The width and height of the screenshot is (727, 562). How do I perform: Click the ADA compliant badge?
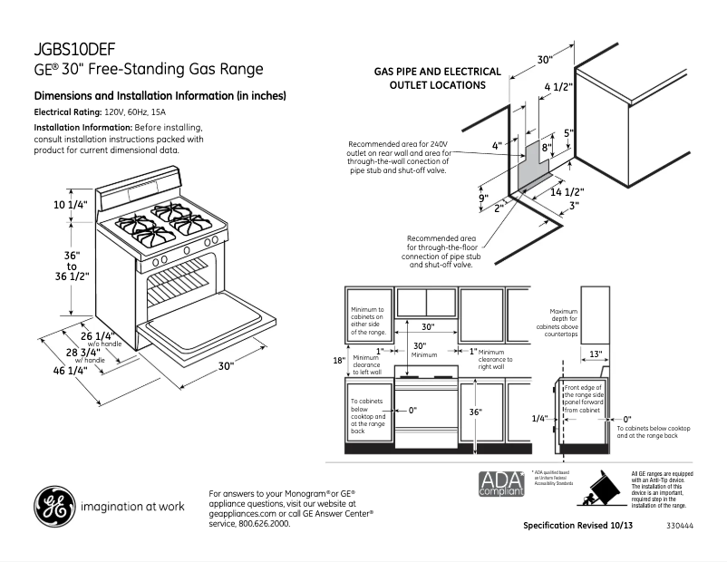tap(500, 483)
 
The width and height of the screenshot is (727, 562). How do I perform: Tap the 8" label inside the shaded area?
tap(547, 148)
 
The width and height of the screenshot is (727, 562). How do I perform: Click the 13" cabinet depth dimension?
tap(596, 353)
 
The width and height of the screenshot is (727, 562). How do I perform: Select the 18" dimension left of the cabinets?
tap(338, 361)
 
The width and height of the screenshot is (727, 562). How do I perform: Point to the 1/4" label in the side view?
tap(540, 419)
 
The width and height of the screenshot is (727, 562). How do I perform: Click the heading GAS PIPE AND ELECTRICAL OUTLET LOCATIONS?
tap(438, 78)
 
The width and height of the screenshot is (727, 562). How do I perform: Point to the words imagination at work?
tap(133, 507)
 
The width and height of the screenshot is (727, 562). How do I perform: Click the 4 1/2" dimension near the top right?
tap(557, 87)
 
